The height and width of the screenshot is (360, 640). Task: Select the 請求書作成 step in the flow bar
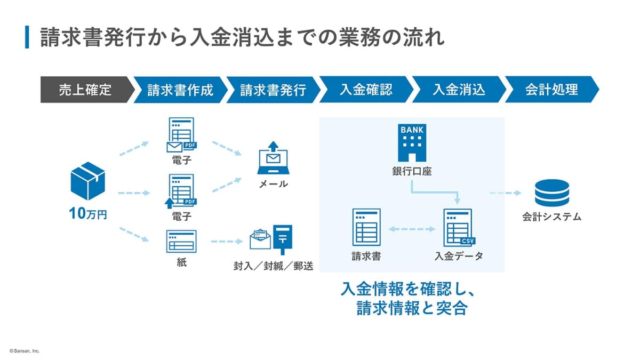click(180, 90)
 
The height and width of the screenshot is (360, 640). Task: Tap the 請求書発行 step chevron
click(273, 90)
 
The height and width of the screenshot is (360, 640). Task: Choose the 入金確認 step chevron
click(366, 90)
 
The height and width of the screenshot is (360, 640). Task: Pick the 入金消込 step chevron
click(459, 90)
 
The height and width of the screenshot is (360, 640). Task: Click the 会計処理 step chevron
click(551, 90)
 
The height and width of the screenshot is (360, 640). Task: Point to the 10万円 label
click(88, 214)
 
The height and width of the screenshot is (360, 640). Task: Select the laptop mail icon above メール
click(273, 158)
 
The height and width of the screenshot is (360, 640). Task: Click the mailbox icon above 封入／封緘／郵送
click(283, 239)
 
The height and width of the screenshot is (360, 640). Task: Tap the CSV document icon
click(458, 227)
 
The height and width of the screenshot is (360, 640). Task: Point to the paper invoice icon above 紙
click(181, 242)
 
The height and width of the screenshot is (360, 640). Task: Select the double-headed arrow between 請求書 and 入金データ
click(412, 229)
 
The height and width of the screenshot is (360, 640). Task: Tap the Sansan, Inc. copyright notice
click(25, 351)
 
